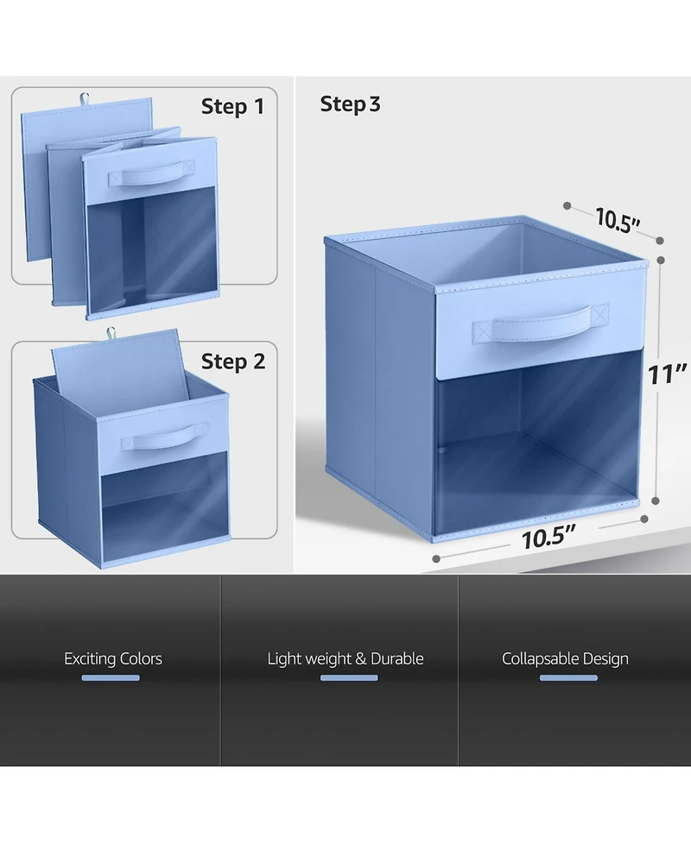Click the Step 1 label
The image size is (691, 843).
click(x=232, y=106)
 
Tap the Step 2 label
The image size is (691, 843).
click(x=233, y=362)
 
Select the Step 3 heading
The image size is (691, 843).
click(x=351, y=104)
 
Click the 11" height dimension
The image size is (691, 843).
click(x=667, y=374)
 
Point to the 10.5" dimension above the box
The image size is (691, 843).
click(x=618, y=220)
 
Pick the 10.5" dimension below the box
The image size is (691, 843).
click(x=548, y=537)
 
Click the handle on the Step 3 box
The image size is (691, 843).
click(x=541, y=324)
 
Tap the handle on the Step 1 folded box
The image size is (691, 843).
click(x=151, y=173)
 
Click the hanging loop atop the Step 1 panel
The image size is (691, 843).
click(x=84, y=98)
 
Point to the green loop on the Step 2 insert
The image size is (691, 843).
click(x=111, y=333)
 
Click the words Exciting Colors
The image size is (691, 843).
click(x=113, y=658)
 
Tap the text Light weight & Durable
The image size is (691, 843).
click(x=345, y=658)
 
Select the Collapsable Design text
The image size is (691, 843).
click(x=565, y=659)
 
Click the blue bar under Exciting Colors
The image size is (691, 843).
click(x=111, y=678)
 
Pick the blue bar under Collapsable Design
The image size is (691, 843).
click(x=569, y=678)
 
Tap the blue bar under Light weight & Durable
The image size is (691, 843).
click(x=349, y=678)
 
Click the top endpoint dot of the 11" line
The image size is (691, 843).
click(x=661, y=261)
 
